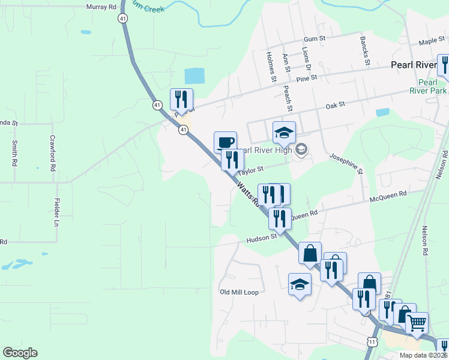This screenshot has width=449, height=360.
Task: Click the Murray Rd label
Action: coord(100,7)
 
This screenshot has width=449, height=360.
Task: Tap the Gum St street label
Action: coord(314,38)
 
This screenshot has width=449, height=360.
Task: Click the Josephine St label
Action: coord(345,163)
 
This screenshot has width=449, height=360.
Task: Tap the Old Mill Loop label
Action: coord(239,292)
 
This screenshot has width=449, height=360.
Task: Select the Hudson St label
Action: coord(261,238)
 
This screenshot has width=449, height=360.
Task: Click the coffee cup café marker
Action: coord(225,142)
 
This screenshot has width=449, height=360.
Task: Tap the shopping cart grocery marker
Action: coord(417,323)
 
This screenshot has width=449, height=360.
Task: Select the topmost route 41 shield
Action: coord(122,19)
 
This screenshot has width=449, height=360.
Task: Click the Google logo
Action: coord(20,353)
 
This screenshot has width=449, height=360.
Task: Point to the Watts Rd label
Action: coord(247,196)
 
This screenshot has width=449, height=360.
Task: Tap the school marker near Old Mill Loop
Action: coord(300,284)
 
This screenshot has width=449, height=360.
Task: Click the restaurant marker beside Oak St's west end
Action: coord(181,100)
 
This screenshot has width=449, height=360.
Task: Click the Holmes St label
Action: coord(271,67)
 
